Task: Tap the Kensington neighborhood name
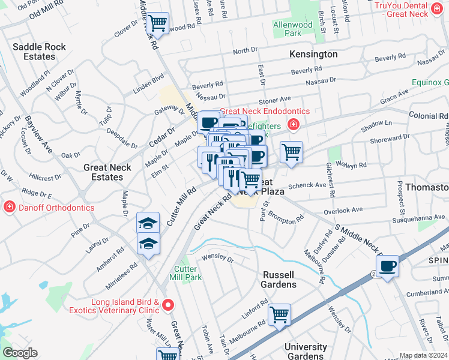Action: tap(313, 54)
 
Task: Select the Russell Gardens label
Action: tap(279, 280)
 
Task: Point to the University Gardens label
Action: tap(306, 352)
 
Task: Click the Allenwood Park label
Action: tap(293, 29)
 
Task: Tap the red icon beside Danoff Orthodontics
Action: tap(9, 208)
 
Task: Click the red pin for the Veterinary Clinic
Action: tap(169, 305)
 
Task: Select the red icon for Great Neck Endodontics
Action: tap(294, 125)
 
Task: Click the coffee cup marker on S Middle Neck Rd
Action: tap(388, 266)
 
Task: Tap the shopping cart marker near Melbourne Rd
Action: tap(279, 314)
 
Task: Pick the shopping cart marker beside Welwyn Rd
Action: tap(291, 152)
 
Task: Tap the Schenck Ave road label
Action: tap(307, 186)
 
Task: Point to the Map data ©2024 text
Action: tap(423, 355)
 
